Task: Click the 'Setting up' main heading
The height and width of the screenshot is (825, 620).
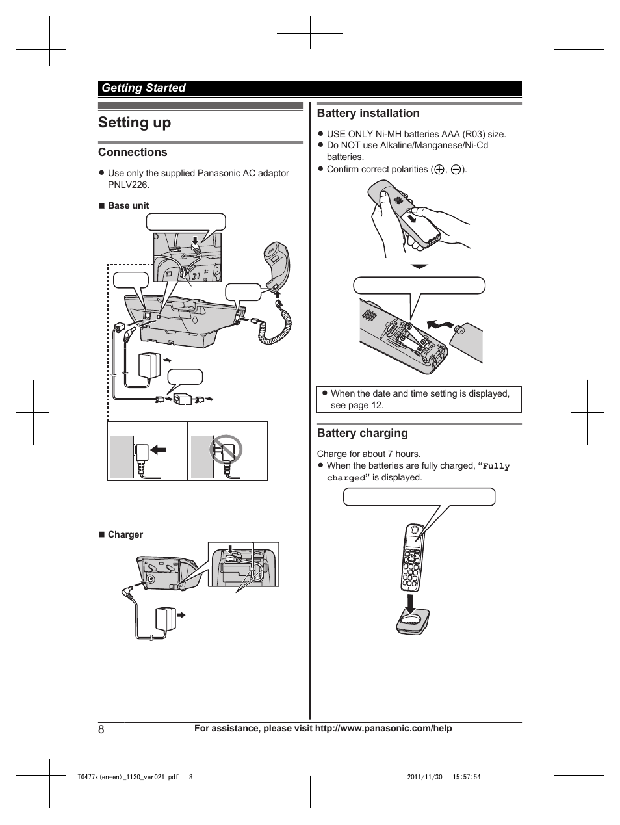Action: (135, 122)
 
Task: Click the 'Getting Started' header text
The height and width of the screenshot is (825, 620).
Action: (143, 88)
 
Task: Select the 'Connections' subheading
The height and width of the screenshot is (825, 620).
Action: (133, 152)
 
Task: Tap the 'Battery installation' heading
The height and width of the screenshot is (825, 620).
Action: (368, 113)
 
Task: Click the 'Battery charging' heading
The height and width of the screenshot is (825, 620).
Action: (362, 433)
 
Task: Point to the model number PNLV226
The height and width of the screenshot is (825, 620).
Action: (129, 185)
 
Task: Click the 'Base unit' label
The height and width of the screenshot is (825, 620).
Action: (128, 205)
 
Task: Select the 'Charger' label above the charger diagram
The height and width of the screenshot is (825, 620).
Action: (125, 534)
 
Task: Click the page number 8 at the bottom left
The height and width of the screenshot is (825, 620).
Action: (101, 729)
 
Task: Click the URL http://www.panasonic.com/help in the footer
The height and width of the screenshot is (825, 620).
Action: (383, 729)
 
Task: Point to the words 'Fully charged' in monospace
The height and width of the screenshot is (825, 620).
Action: (496, 466)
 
